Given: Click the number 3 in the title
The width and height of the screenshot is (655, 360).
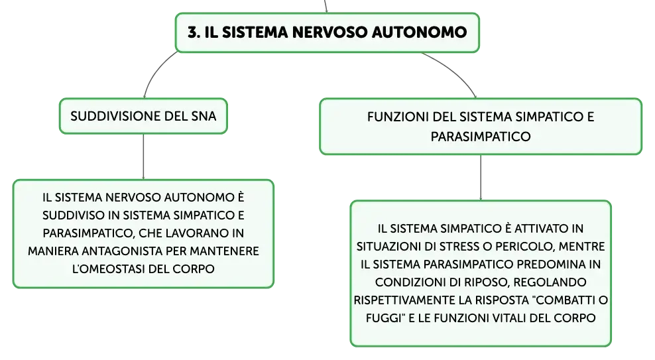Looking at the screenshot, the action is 192,32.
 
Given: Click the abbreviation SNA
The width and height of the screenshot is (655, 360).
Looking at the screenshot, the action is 204,116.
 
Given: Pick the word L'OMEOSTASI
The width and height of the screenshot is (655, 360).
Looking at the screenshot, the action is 109,269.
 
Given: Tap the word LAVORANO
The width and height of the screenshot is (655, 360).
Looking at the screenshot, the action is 195,233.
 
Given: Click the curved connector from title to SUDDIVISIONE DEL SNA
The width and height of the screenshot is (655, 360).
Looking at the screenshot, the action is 155,70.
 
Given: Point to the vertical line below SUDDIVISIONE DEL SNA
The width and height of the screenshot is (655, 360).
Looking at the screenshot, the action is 143,156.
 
